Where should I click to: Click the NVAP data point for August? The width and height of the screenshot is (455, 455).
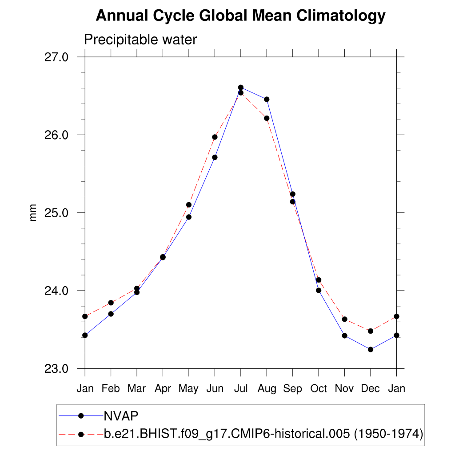267,99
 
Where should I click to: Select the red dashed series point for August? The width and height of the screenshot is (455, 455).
267,118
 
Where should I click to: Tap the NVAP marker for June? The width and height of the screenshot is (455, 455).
215,157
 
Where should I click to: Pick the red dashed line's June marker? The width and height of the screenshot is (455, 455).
215,137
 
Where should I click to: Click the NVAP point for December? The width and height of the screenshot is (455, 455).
371,349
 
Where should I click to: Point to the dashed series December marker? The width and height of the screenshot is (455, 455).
371,331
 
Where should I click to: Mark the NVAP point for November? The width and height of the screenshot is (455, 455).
344,335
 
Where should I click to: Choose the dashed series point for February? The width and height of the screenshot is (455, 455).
111,303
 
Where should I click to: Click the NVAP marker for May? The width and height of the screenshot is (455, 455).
189,217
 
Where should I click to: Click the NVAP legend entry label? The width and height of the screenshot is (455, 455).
121,415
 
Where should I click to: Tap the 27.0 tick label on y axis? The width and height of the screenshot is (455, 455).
57,57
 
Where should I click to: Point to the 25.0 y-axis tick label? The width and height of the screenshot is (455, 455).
57,212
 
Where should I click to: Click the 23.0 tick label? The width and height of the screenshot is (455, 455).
57,368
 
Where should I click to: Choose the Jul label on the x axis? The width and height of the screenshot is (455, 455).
240,389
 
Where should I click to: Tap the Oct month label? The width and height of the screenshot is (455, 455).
319,389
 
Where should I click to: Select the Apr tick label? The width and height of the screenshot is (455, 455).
163,389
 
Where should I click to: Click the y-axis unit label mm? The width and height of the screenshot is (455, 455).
33,213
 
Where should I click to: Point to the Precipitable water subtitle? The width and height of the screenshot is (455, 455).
140,40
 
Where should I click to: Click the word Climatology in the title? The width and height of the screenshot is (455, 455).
341,16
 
